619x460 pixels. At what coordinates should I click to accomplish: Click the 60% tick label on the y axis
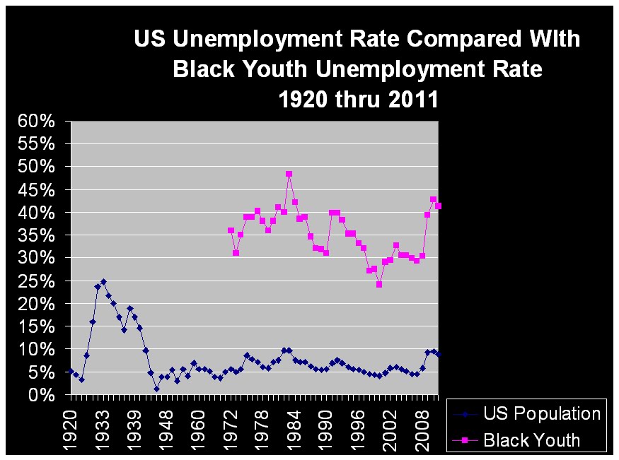(35, 121)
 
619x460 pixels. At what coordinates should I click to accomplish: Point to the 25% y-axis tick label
(35, 281)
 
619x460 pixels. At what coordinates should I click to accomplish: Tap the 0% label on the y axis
(41, 396)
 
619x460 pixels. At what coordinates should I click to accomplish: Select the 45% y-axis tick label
(35, 190)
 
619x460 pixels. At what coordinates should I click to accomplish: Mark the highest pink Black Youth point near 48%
(289, 174)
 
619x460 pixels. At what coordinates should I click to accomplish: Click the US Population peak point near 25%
(103, 281)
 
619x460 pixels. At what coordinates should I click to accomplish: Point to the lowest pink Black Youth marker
(379, 285)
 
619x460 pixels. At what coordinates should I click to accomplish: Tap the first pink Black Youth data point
(231, 230)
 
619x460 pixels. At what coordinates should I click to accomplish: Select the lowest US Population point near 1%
(156, 389)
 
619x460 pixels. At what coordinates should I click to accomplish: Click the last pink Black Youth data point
(439, 206)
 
